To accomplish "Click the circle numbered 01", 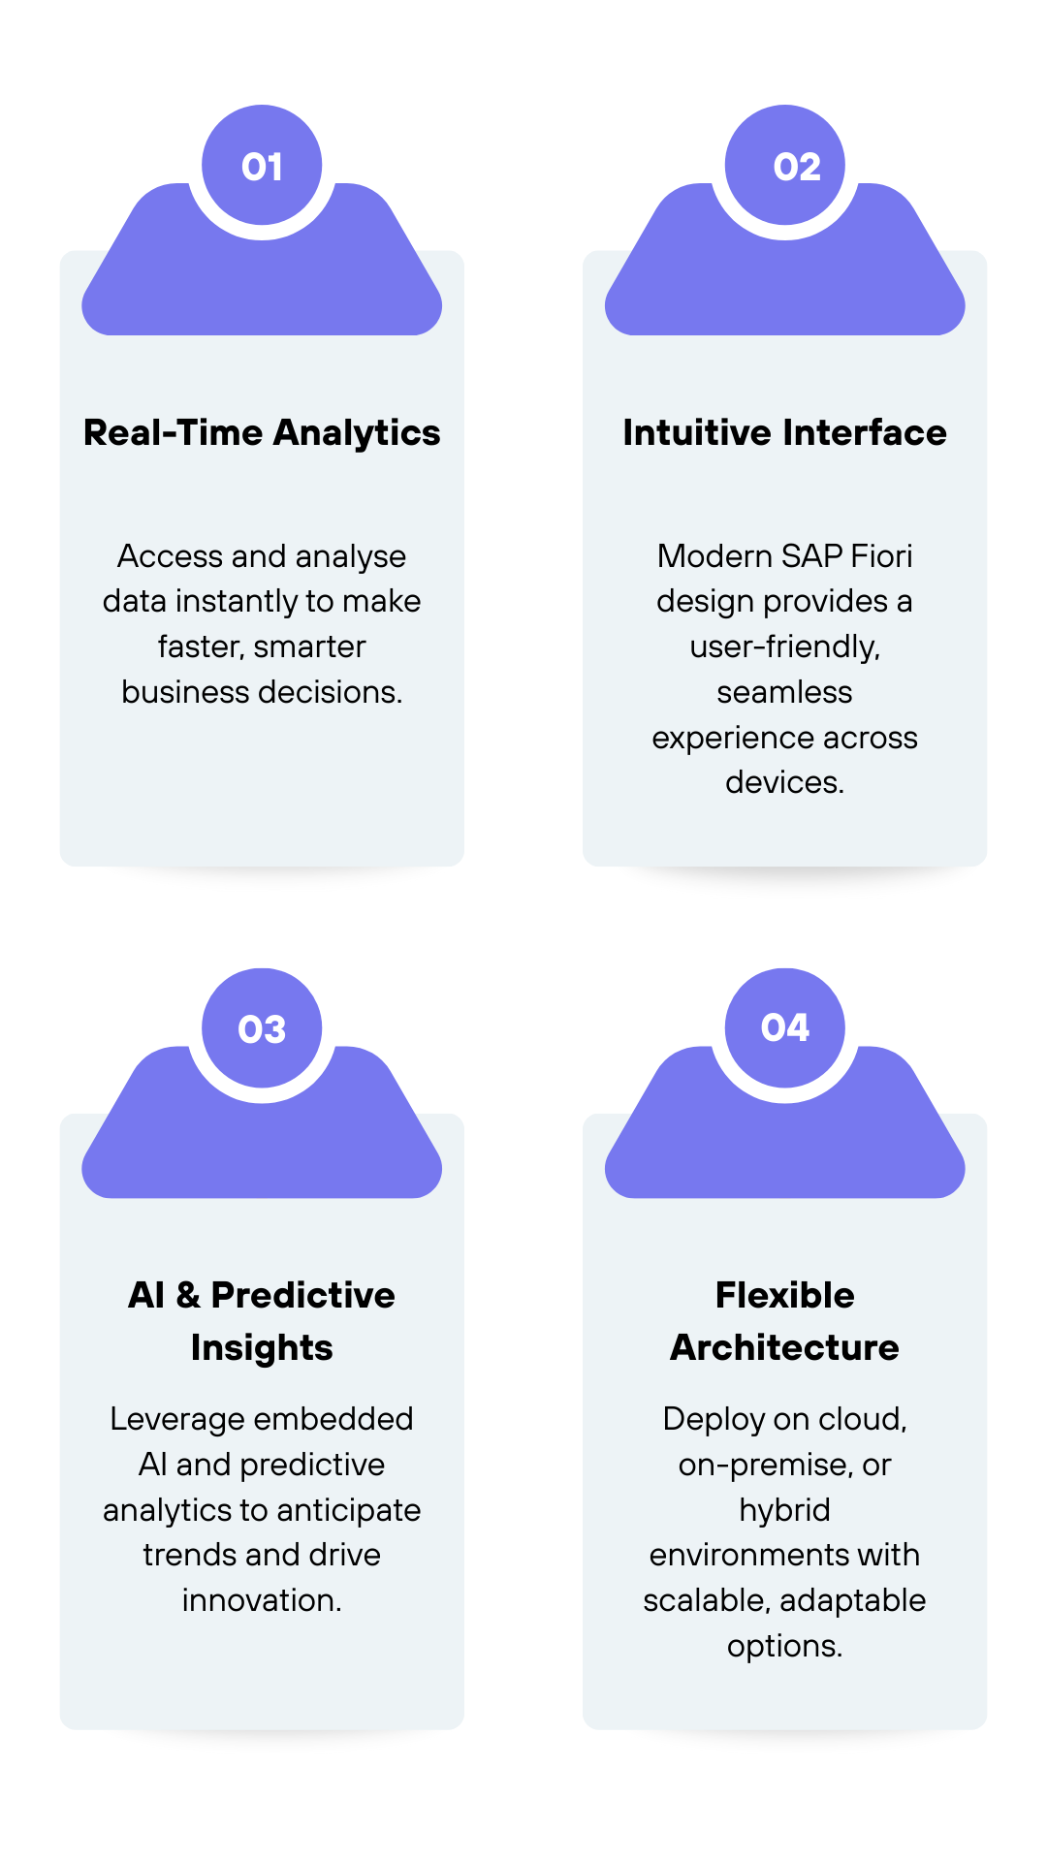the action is click(x=262, y=165).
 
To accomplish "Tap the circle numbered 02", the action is click(x=785, y=165).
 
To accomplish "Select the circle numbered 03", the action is click(x=262, y=1028).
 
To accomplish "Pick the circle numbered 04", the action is click(x=785, y=1028).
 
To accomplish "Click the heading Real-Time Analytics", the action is click(x=262, y=433).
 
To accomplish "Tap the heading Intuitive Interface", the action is click(x=785, y=432).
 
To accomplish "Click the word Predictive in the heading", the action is click(x=303, y=1295).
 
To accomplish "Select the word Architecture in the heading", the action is click(x=785, y=1347).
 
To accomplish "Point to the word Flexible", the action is click(x=785, y=1295).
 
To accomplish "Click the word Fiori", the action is click(x=881, y=556).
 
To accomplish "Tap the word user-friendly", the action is click(x=785, y=647).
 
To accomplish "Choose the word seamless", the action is click(x=785, y=692).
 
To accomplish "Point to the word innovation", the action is click(x=262, y=1600).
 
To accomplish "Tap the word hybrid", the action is click(x=785, y=1510).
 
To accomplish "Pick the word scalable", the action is click(x=708, y=1601).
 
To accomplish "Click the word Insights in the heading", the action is click(x=262, y=1348).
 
